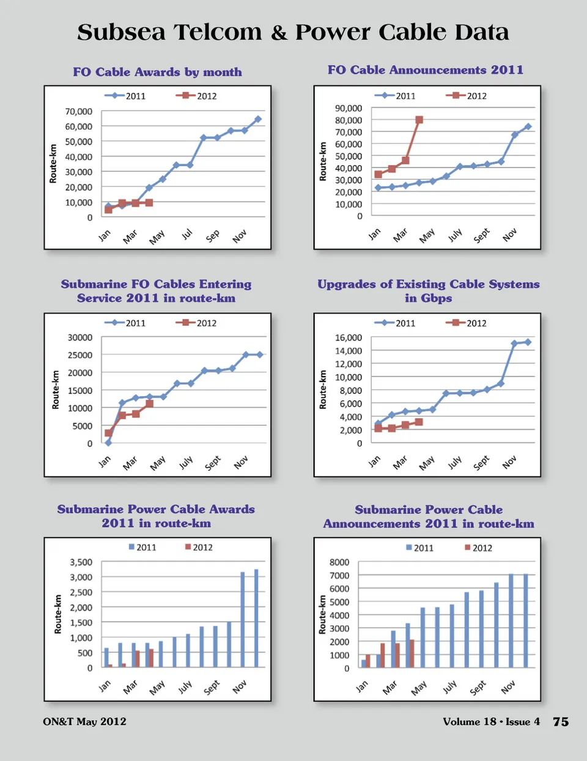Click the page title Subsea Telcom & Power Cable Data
click(x=293, y=32)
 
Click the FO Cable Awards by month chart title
click(x=157, y=72)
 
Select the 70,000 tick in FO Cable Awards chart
click(x=79, y=111)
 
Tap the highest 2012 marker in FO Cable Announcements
click(x=419, y=120)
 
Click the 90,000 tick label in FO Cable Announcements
click(x=349, y=108)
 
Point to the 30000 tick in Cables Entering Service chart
click(x=80, y=337)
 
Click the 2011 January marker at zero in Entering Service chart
click(x=108, y=443)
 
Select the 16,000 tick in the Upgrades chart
click(x=349, y=337)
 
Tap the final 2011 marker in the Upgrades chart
click(x=528, y=342)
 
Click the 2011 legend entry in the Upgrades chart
click(x=398, y=323)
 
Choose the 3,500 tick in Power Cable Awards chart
click(x=81, y=562)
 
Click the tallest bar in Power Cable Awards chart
click(x=256, y=618)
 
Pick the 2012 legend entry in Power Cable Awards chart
click(x=199, y=548)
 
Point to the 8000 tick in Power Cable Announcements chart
click(x=339, y=562)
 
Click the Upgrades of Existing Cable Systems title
click(x=428, y=291)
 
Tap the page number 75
click(x=561, y=722)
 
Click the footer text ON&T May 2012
click(x=84, y=722)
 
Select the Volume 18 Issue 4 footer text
click(x=491, y=722)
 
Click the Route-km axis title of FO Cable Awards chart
click(x=53, y=163)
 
